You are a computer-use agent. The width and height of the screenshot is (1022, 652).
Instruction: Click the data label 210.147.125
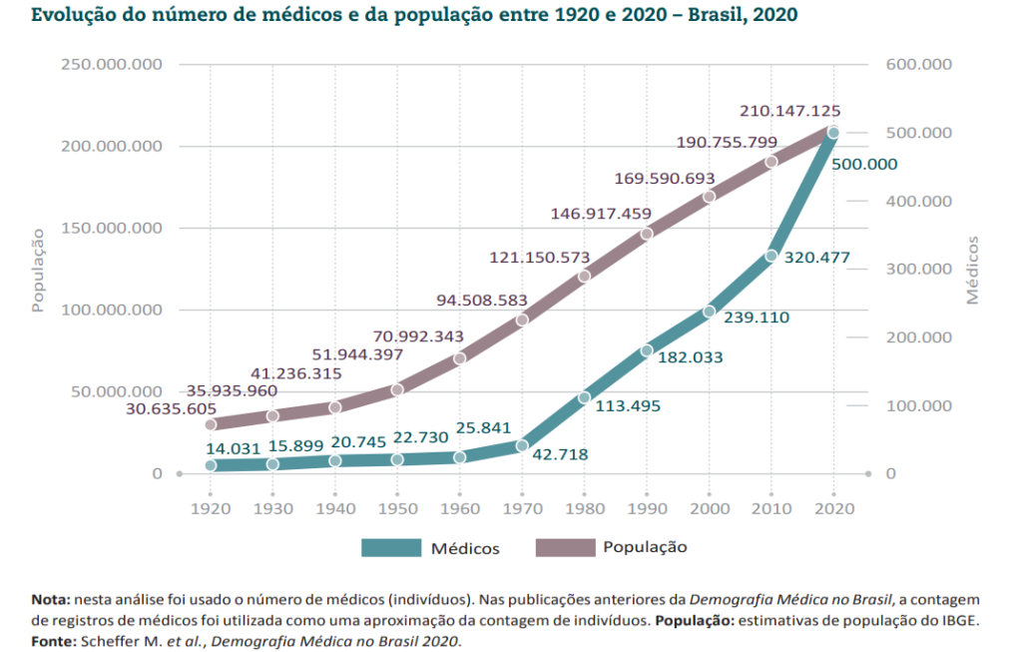(789, 111)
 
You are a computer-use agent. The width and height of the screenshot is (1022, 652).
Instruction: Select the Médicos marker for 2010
(770, 257)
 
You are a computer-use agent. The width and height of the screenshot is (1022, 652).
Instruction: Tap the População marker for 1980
(584, 276)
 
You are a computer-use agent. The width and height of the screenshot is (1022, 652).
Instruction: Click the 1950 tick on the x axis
(397, 508)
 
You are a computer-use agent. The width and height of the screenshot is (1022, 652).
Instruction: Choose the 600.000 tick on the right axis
(917, 64)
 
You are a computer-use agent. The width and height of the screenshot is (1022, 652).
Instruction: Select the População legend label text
(645, 547)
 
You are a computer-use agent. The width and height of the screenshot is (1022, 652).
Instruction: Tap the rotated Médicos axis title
(972, 270)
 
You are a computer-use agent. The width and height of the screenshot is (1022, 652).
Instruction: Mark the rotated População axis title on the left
(38, 270)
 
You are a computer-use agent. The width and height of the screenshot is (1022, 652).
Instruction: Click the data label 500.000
(864, 165)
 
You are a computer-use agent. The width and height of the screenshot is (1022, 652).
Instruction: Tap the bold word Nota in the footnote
(50, 600)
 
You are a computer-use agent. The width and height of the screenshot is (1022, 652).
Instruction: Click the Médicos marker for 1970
(522, 445)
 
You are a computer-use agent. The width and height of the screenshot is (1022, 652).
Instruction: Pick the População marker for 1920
(211, 424)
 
